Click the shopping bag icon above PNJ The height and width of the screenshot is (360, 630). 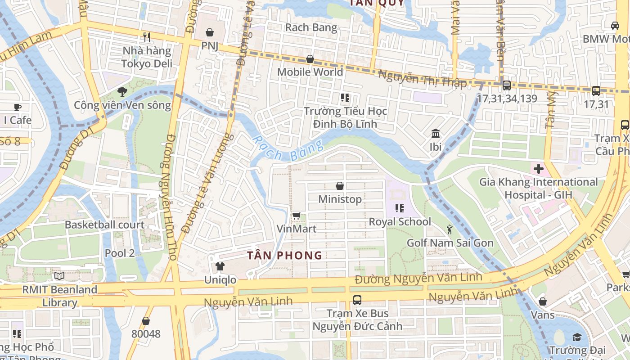pos(209,32)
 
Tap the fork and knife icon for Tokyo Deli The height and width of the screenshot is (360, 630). pos(146,37)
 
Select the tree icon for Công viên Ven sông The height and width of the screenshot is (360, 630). pos(122,92)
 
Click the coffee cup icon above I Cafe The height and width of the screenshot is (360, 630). pos(17,107)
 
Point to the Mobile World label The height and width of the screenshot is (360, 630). pos(310,72)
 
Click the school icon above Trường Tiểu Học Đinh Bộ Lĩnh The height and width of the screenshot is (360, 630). pos(345,98)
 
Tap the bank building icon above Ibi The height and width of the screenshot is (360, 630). pos(435,134)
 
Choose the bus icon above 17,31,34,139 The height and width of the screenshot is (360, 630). pos(506,85)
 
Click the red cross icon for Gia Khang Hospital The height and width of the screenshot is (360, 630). pos(538,169)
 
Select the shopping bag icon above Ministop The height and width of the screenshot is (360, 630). pos(340,186)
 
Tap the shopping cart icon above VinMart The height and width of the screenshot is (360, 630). pos(296,216)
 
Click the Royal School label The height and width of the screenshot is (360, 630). pos(400,222)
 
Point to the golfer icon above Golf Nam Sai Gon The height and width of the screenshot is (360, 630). pos(450,230)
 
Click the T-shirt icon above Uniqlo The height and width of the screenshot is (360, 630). pos(220,266)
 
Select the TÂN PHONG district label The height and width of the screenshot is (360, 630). pos(284,256)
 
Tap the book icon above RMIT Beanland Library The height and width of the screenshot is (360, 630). pos(59,276)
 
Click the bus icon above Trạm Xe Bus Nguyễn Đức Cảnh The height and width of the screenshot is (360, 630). pos(357,300)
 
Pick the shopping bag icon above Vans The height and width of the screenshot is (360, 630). pos(543,301)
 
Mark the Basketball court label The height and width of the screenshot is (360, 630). pos(105,225)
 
